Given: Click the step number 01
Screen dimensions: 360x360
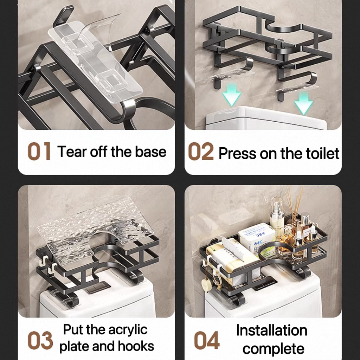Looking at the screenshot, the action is click(39, 151).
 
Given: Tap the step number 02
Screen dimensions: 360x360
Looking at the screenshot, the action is click(201, 151).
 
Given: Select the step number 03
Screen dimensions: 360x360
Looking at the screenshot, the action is click(40, 340).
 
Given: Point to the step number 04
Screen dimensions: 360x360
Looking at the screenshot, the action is click(207, 340).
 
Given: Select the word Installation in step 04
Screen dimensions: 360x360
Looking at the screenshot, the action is click(272, 330).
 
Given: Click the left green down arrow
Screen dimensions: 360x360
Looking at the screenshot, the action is click(232, 94).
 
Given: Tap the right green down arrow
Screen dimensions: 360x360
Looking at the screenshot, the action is click(303, 103).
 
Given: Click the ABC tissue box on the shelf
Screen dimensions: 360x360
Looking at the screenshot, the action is click(257, 239).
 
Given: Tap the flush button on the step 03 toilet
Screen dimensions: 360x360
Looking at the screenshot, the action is click(98, 287).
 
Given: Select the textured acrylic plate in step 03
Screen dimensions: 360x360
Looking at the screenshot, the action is click(95, 230).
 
